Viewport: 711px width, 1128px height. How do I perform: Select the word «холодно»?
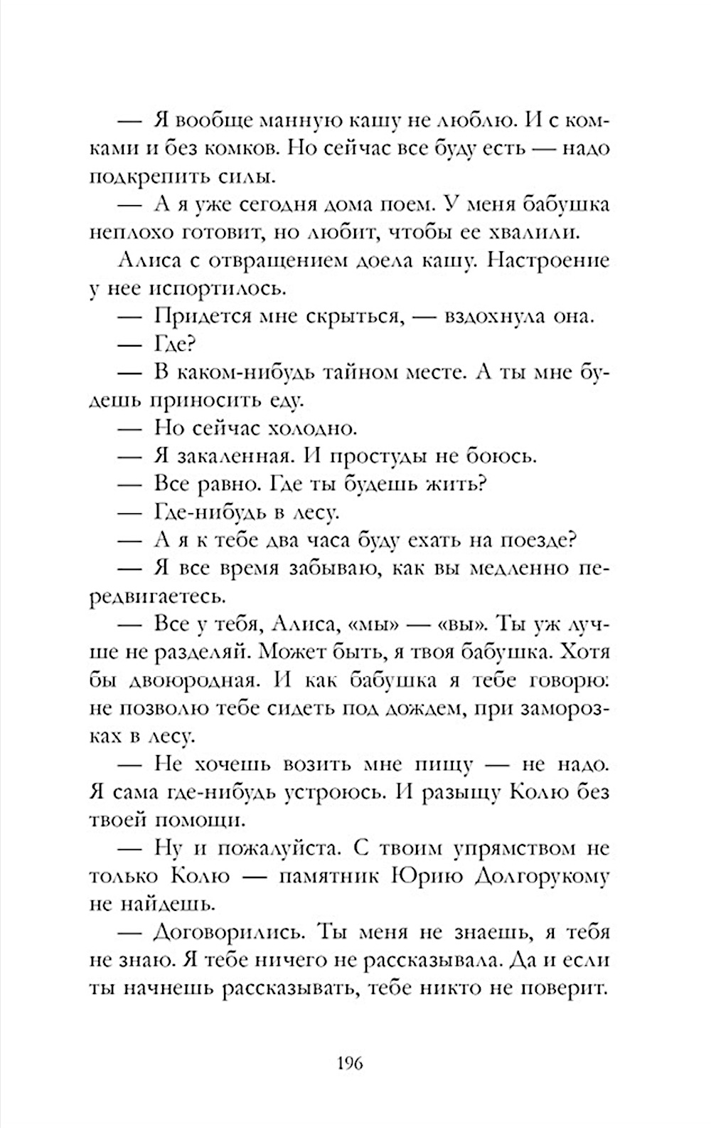311,429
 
